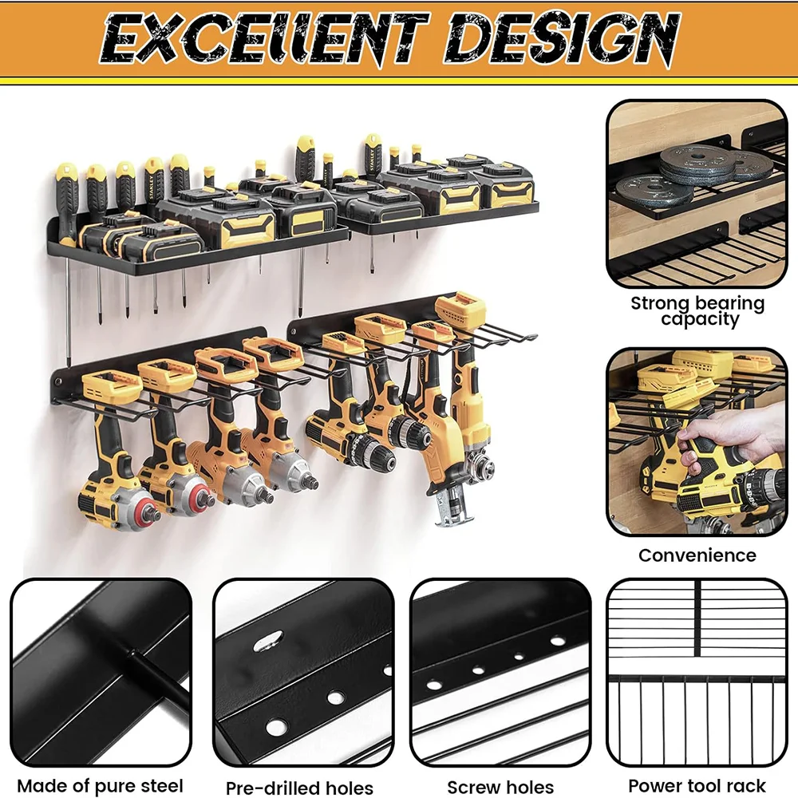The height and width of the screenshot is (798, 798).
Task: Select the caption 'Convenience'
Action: pos(697,555)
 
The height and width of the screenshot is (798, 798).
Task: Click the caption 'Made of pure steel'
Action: pos(101,785)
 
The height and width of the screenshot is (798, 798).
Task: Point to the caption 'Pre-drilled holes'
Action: pos(299,787)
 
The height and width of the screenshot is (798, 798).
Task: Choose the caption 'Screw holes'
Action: pos(500,787)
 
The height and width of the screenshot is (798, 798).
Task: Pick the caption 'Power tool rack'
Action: pos(697,785)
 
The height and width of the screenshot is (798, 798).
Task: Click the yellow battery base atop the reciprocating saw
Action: pos(460,308)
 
